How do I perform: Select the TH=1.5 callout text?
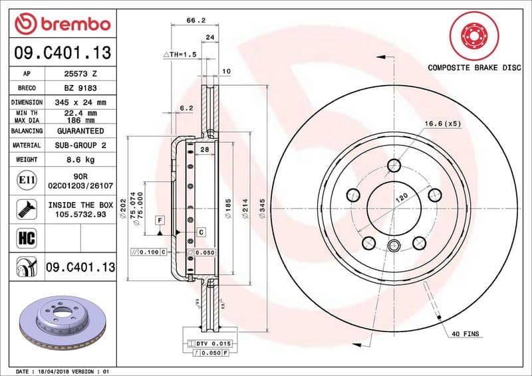click(x=181, y=54)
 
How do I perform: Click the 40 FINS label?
click(x=465, y=333)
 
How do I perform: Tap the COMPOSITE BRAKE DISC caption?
click(x=473, y=68)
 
